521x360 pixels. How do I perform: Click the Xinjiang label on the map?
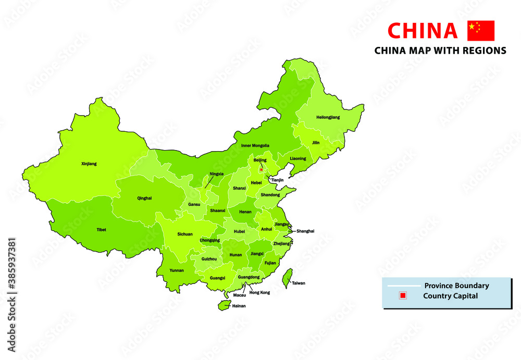pos(89,164)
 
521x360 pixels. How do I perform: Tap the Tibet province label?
pos(101,229)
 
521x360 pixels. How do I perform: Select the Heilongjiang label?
pos(328,117)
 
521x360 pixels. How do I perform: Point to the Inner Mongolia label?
pos(255,145)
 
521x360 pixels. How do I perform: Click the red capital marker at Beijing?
pos(261,169)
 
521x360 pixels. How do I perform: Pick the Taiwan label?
pos(299,283)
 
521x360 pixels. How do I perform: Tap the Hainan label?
pos(239,306)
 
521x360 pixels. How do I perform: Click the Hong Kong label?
pos(260,293)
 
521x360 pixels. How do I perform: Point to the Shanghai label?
pos(305,231)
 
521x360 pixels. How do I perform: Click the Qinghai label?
pos(144,198)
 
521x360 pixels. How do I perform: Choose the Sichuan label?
pos(185,234)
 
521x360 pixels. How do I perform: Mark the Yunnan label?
pos(177,270)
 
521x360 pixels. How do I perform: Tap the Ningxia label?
pos(217,173)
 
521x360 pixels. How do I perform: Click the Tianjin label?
pos(277,180)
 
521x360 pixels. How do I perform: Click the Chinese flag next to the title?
pos(481,31)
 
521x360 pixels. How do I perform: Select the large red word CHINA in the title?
pos(423,31)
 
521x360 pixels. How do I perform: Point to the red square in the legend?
pos(402,296)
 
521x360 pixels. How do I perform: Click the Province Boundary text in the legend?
pos(456,285)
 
